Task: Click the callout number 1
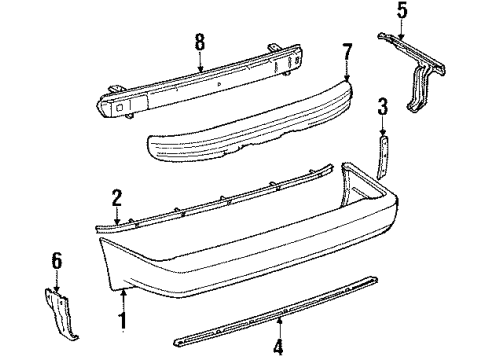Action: [123, 321]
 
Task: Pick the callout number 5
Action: [403, 13]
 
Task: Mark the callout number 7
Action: [347, 50]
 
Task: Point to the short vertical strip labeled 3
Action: [381, 154]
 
